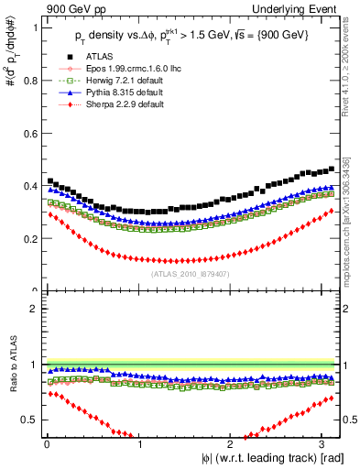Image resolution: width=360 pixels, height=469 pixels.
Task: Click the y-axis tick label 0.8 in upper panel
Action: pos(28,81)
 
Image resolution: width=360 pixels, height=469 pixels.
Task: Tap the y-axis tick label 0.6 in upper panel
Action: pos(28,134)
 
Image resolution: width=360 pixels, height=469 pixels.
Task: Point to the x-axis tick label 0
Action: pos(47,443)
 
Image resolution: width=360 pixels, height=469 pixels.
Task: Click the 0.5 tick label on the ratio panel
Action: pos(28,420)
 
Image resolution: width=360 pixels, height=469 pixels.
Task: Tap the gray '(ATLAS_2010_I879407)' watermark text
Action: pos(191,272)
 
